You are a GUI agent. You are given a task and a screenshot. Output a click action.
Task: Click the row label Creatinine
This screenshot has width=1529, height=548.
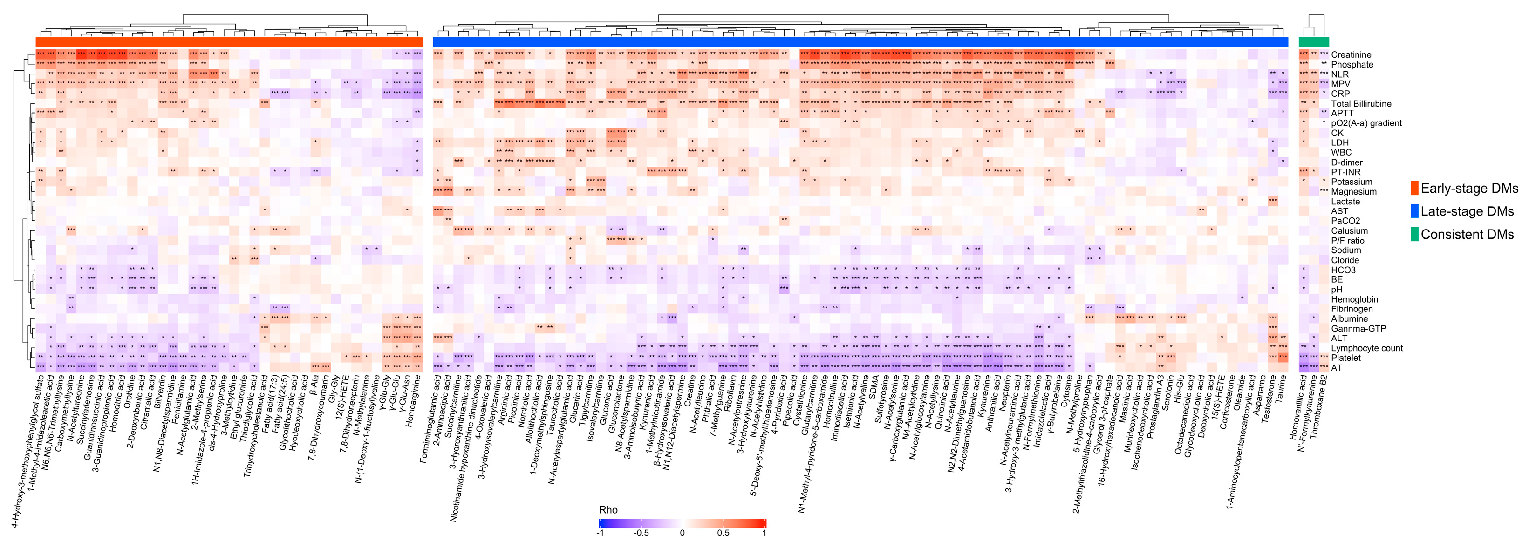1351,54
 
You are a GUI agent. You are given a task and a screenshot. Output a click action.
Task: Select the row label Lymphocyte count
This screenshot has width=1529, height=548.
1366,348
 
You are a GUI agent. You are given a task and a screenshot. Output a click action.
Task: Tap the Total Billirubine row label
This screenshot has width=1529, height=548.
1360,104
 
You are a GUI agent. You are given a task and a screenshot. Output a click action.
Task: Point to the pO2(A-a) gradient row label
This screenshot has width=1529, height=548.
1366,123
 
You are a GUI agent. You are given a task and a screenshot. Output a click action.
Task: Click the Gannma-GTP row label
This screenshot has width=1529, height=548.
1358,329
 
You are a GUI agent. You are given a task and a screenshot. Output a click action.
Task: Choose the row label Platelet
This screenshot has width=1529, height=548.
1345,358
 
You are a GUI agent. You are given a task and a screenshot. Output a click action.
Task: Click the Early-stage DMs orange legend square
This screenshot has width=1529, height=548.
1414,189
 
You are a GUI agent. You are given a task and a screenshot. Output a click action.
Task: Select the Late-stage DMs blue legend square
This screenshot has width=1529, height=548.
1414,211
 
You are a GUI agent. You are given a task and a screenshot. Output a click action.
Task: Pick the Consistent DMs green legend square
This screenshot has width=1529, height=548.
1414,234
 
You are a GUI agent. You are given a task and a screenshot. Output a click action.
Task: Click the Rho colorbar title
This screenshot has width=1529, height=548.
608,509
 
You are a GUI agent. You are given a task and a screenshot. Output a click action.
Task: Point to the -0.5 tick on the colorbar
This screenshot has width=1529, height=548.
641,533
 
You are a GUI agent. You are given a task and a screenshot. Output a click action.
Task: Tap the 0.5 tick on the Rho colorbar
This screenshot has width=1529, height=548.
723,533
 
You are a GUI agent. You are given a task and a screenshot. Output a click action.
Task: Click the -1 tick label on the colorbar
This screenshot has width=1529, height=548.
600,533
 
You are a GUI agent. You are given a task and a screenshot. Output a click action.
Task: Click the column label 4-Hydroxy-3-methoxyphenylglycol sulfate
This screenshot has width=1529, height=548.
27,451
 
